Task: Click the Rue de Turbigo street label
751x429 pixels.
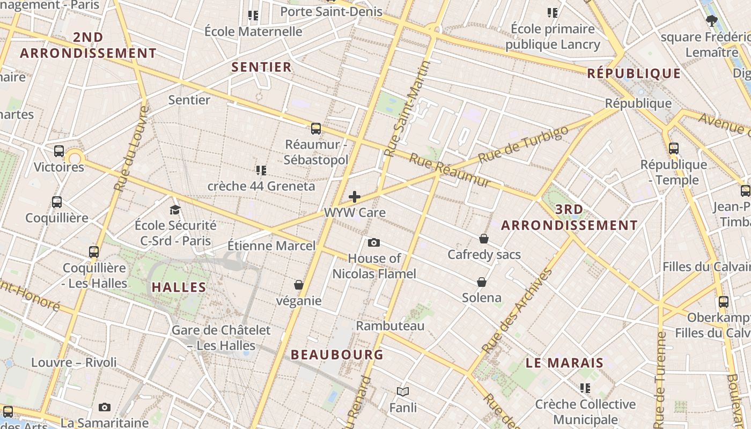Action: click(522, 145)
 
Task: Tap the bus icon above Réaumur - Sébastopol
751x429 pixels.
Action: click(316, 129)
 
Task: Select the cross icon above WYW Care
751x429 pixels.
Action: click(354, 197)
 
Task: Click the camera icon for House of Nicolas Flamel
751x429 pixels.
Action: click(374, 243)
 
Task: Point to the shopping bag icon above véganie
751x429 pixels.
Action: click(299, 285)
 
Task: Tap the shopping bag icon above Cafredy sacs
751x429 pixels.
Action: click(484, 239)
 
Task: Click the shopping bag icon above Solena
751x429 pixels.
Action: click(482, 282)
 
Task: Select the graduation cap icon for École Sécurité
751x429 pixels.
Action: click(175, 210)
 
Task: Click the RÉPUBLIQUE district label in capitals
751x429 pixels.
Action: click(634, 73)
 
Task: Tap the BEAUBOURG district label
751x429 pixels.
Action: click(337, 354)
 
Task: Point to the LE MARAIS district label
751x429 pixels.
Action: click(564, 363)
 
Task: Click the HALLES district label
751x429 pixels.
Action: click(179, 287)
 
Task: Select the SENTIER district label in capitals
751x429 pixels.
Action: click(261, 67)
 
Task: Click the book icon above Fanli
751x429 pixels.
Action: click(403, 392)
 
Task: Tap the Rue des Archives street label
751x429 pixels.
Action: click(517, 311)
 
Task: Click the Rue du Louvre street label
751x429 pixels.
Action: click(131, 149)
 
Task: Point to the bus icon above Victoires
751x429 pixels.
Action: click(59, 151)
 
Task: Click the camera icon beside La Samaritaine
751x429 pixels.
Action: click(105, 408)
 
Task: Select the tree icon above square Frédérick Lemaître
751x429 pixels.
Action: click(712, 21)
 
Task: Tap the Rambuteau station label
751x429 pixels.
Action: click(390, 326)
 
